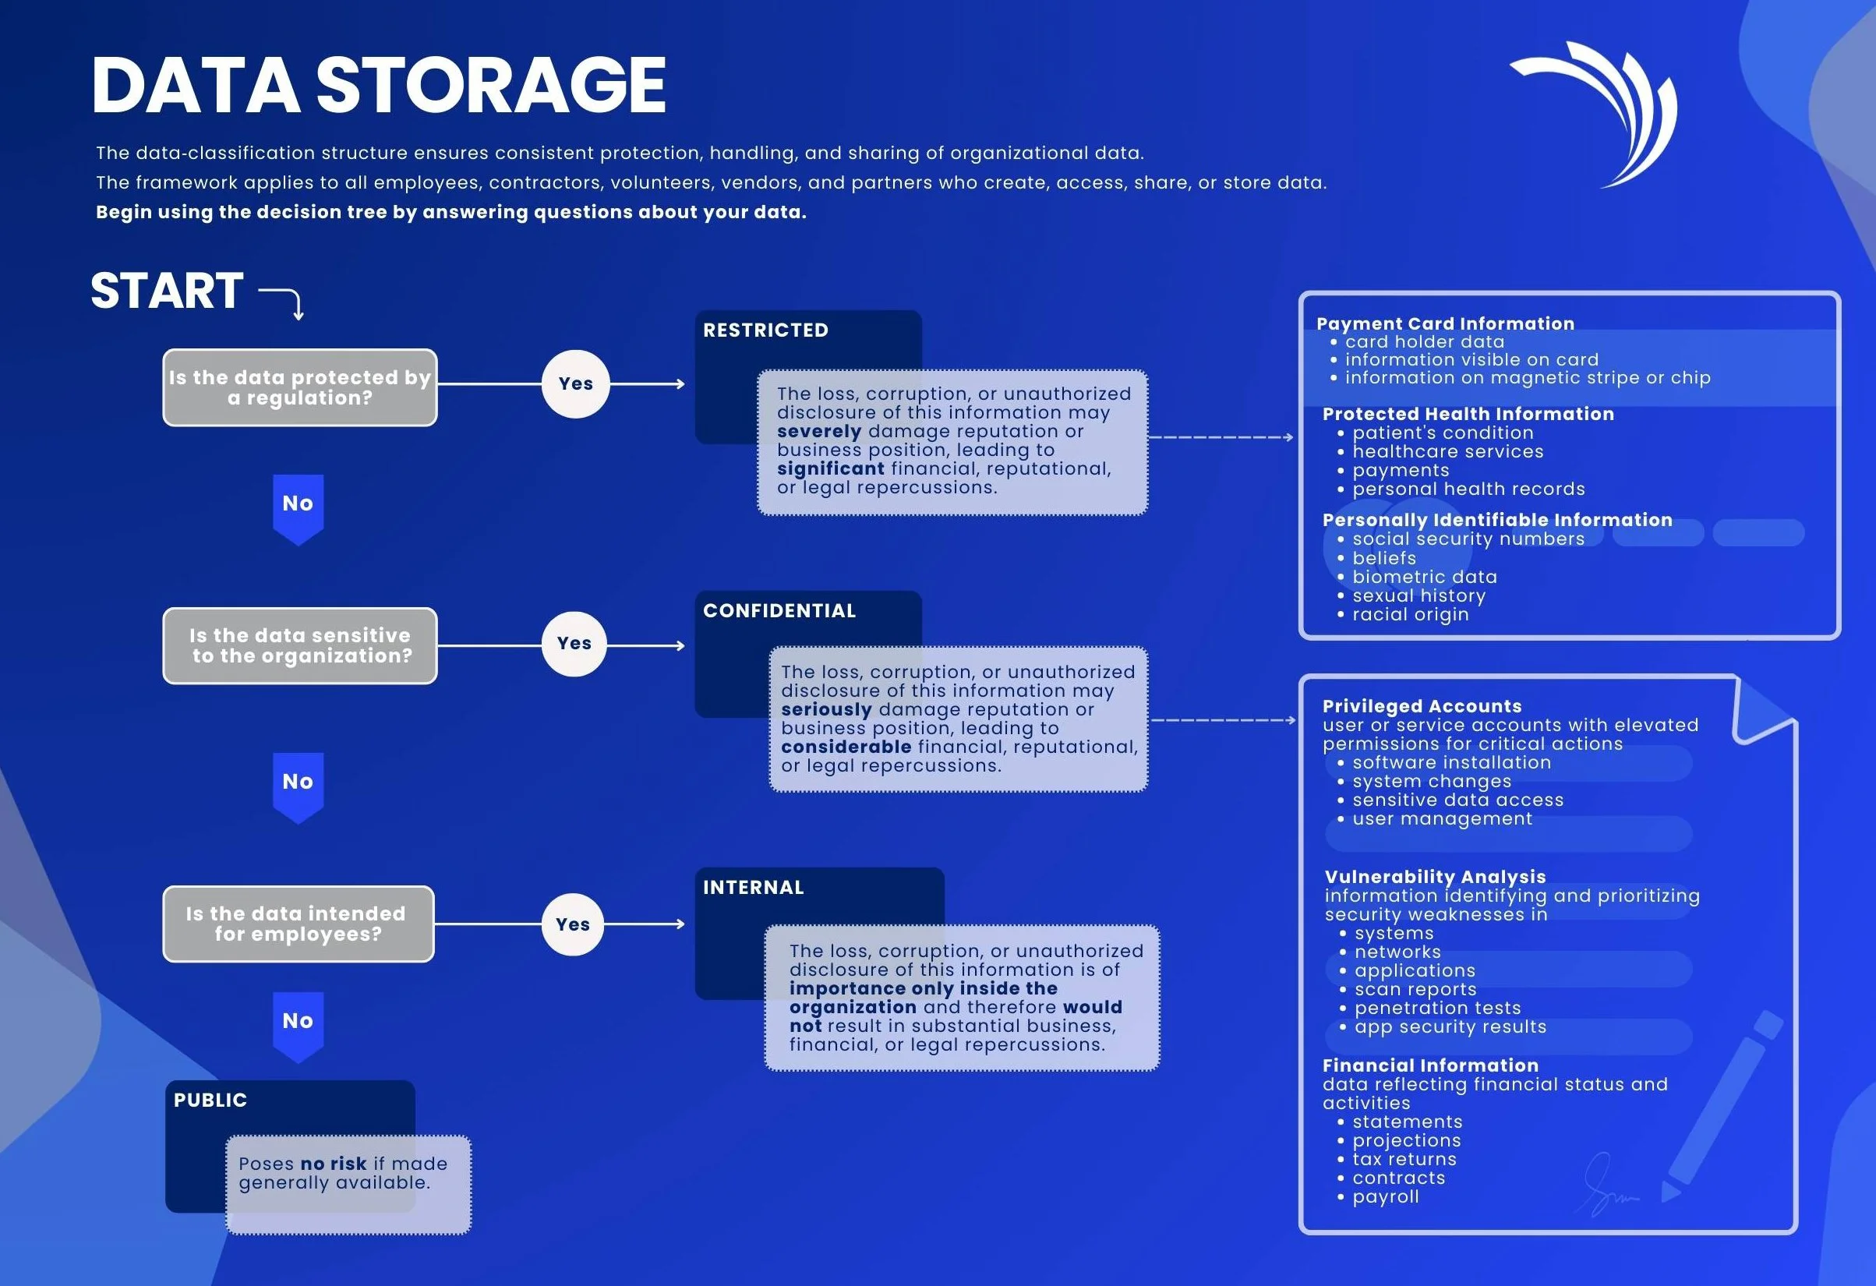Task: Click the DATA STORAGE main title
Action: click(378, 86)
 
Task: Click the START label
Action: click(167, 291)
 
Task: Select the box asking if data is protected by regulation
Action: click(299, 387)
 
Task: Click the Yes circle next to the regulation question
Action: click(575, 383)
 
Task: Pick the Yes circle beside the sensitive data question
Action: click(574, 644)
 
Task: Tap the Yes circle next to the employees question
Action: click(572, 924)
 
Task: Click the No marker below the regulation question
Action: click(298, 504)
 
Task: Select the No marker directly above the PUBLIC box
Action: click(298, 1022)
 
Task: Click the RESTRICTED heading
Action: click(765, 330)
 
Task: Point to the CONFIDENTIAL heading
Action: click(779, 611)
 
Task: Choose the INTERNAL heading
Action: click(753, 887)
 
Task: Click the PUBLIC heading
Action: click(210, 1100)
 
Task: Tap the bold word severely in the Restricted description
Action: click(818, 431)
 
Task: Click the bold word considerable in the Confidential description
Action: click(845, 747)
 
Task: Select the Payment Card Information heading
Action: click(1445, 323)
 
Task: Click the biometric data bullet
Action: click(1424, 577)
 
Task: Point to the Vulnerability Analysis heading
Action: click(1434, 877)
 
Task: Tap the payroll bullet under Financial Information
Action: click(1385, 1196)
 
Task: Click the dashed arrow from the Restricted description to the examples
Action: click(1221, 436)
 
